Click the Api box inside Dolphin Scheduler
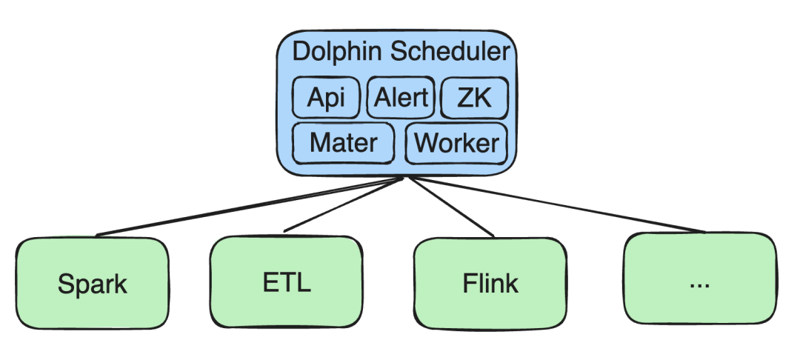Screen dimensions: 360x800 (x=327, y=97)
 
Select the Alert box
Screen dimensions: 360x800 (x=401, y=97)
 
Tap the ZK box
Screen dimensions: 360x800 (x=474, y=97)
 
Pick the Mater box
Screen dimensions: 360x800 (x=343, y=142)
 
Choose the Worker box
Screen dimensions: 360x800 (x=456, y=142)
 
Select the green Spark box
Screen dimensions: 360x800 (x=93, y=283)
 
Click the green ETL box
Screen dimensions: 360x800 (x=286, y=283)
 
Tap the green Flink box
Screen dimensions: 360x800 (x=490, y=283)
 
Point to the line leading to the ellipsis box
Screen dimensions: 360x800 (x=556, y=205)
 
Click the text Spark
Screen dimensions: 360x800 (x=93, y=284)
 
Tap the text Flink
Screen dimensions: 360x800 (x=490, y=283)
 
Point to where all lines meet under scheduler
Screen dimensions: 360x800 (x=403, y=178)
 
